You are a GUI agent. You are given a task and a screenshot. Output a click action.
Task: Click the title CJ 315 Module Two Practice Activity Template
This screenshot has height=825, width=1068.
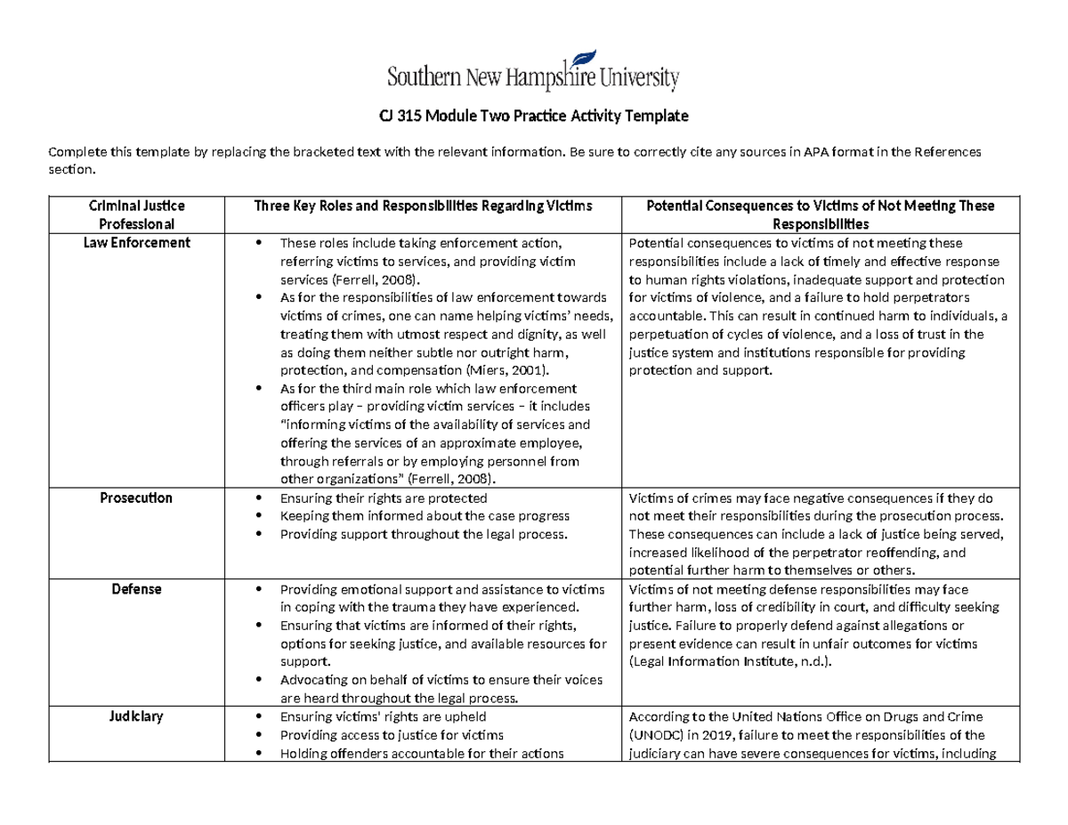(x=533, y=117)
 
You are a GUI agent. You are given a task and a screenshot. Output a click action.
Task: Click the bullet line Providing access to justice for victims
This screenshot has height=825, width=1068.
(x=392, y=735)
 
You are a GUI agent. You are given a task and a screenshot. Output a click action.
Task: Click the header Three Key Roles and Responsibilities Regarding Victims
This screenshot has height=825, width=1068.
(x=423, y=206)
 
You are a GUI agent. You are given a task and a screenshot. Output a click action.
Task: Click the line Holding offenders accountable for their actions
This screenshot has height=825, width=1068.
(x=421, y=754)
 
